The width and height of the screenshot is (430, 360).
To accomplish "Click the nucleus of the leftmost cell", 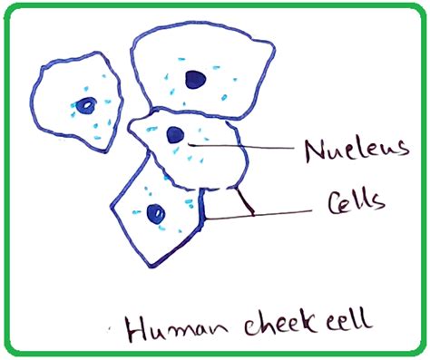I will [84, 105].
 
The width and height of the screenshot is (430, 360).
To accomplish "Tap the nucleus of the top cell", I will [194, 80].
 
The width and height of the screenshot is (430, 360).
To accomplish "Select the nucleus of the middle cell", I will [175, 135].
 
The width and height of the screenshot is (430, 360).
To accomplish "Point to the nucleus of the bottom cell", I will [155, 213].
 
